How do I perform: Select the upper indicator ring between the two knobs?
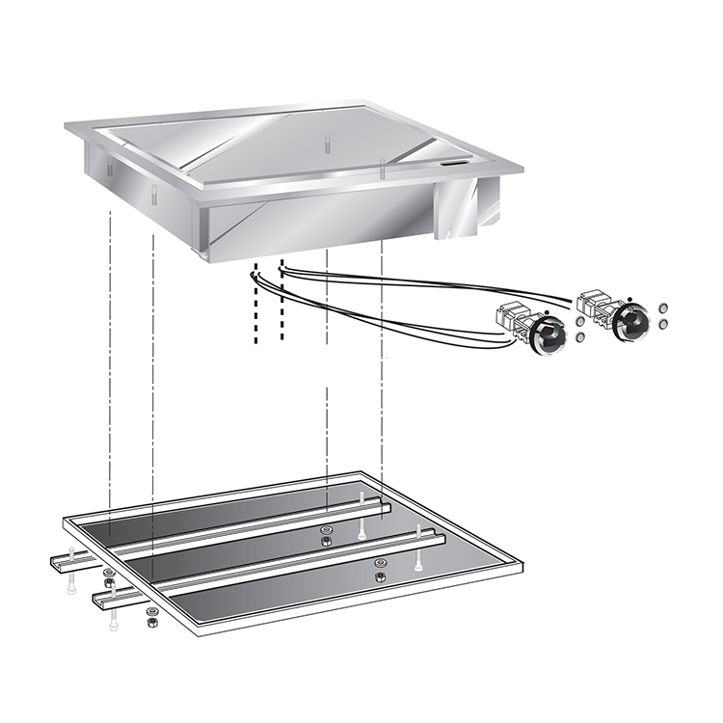point(579,319)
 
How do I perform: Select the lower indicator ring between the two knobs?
point(579,338)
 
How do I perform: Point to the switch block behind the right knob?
point(592,305)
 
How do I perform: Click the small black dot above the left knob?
point(547,312)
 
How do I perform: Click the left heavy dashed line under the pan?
point(255,304)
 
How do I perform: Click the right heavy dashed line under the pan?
point(281,299)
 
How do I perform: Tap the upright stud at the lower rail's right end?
point(418,535)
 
